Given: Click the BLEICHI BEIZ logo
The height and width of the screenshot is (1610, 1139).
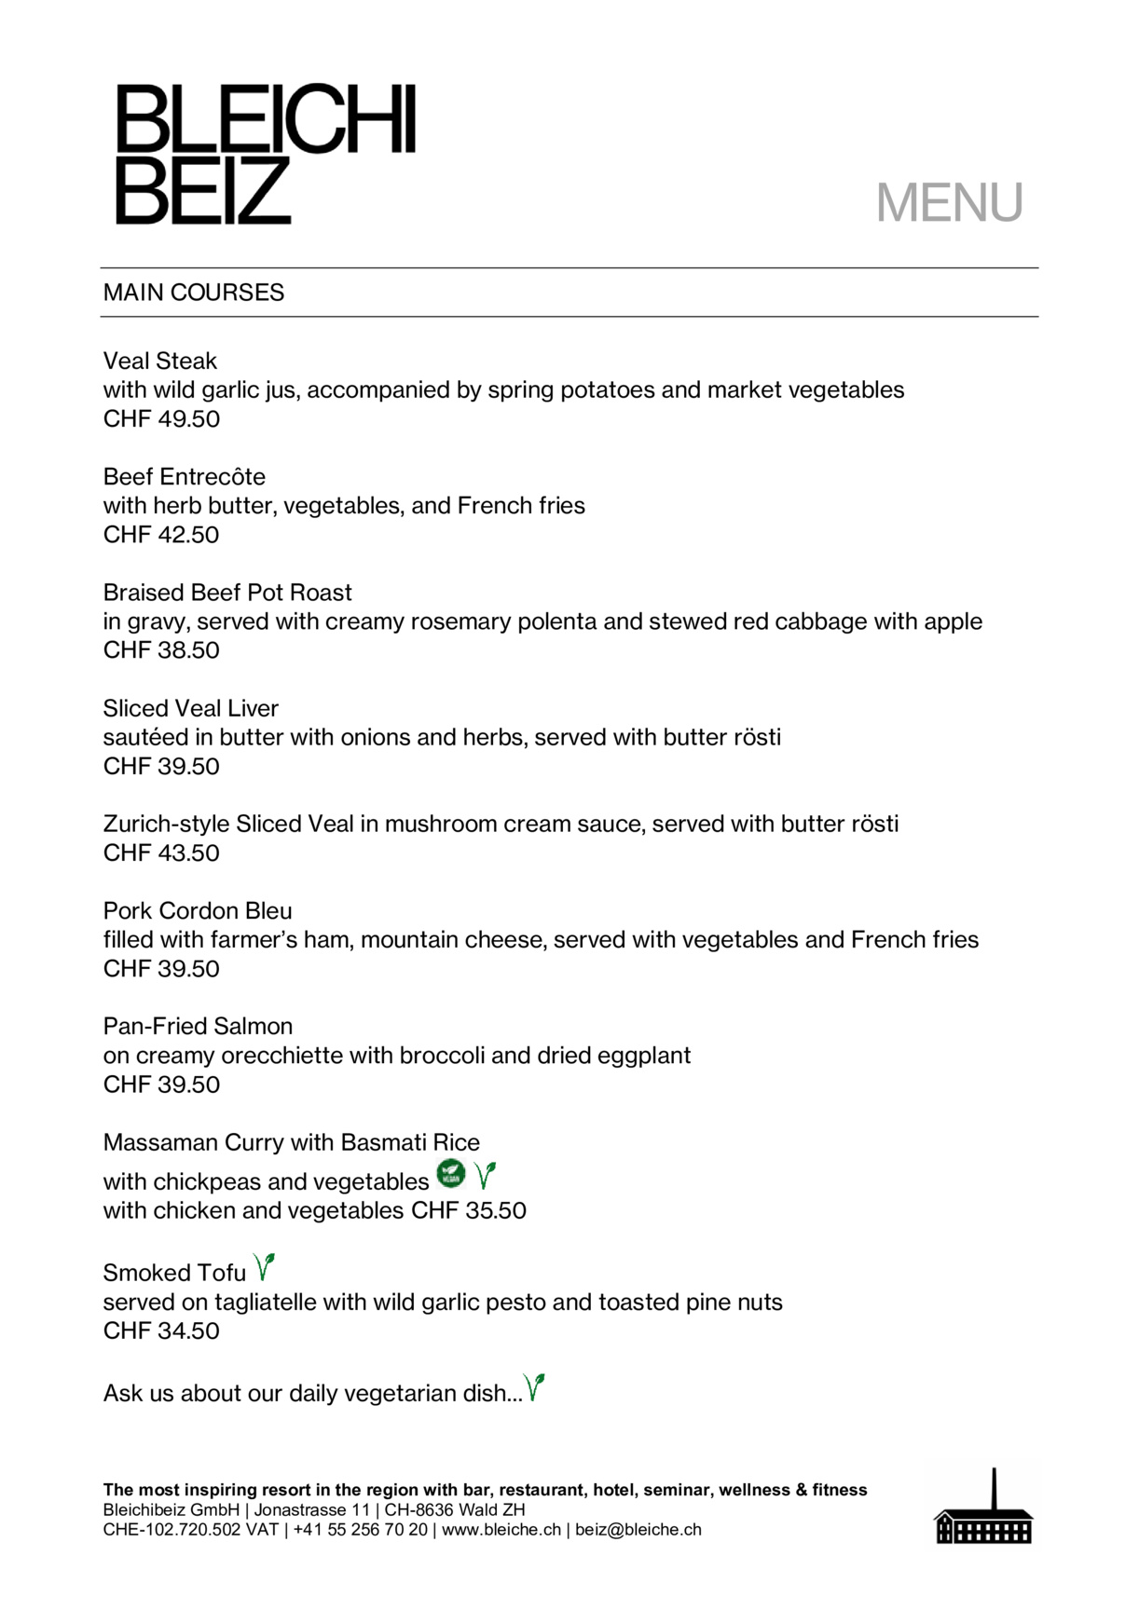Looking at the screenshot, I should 265,154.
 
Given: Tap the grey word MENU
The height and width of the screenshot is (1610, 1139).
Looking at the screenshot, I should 949,202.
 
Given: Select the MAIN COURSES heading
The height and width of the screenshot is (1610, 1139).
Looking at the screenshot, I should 194,293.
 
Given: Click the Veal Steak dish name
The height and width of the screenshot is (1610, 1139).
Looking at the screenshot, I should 160,361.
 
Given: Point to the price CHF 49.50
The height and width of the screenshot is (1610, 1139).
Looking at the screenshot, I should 162,419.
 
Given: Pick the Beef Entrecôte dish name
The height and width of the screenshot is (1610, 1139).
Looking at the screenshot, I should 185,477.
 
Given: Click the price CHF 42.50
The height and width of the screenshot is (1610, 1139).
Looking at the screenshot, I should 162,535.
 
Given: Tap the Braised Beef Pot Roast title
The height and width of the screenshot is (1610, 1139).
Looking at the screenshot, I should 227,593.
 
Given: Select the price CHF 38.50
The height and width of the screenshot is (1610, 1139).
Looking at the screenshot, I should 162,650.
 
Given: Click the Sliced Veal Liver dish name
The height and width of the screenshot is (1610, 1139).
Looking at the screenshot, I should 191,708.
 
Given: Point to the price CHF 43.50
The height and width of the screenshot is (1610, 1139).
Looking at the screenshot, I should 162,853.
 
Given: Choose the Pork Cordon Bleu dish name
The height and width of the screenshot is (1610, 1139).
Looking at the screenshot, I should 198,911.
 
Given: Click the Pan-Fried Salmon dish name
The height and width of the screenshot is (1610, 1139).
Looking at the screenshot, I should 198,1027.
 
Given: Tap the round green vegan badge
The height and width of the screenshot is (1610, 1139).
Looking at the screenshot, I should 451,1174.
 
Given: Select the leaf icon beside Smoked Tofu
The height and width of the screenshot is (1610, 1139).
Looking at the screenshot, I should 265,1267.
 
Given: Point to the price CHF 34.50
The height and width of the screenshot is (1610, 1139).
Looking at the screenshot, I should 162,1331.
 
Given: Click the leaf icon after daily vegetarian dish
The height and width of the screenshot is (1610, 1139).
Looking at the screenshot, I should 534,1387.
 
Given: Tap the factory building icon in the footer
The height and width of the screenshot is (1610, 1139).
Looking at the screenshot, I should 983,1510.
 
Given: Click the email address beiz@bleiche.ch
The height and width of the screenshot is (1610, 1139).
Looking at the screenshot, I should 638,1530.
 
